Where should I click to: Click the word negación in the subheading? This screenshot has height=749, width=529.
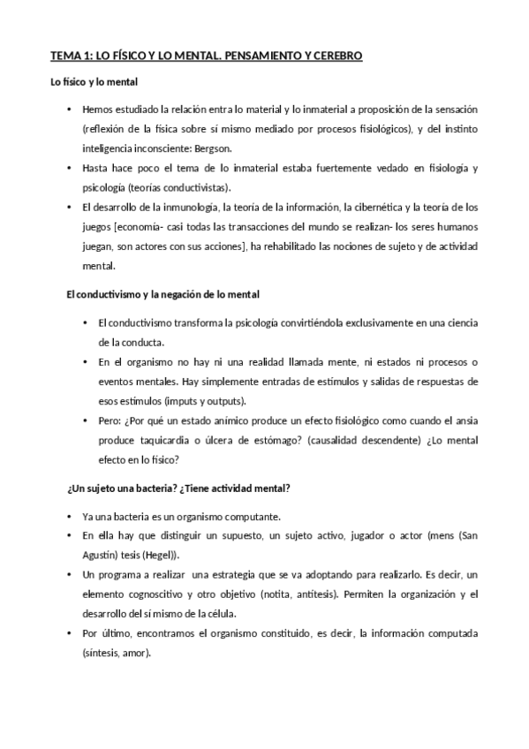(178, 294)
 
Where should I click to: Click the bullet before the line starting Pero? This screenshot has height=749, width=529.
(85, 420)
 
